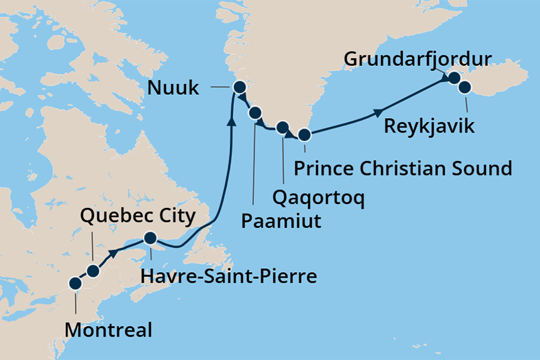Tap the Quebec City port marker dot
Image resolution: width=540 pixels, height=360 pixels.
coord(93,271)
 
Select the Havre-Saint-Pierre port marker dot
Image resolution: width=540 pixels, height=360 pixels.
coord(150,238)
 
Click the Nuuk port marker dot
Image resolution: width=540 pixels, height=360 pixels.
coord(239,87)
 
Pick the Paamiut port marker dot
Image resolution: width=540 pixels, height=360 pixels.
coord(255,113)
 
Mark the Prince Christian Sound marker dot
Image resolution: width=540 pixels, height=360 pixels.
coord(304,134)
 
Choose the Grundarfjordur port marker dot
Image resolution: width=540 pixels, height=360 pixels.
coord(453,79)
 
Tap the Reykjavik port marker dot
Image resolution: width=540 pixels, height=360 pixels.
coord(465,87)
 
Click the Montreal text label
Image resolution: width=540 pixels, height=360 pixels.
coord(108,330)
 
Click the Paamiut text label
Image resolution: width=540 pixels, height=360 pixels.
coord(281,221)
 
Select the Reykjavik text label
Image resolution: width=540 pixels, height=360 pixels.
coord(431,126)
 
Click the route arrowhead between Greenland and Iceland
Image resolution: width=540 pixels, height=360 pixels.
coord(378,112)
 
